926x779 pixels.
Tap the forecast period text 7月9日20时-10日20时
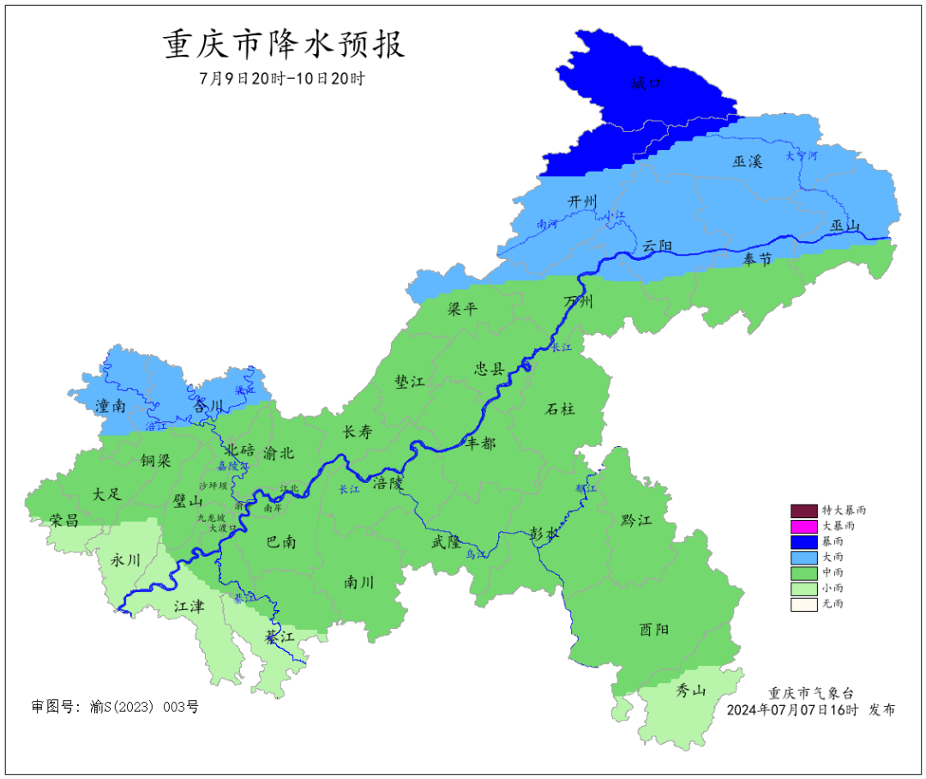[282, 79]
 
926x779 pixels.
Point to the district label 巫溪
[747, 161]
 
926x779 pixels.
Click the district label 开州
[582, 201]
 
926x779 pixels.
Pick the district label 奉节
[757, 259]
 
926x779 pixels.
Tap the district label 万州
[578, 301]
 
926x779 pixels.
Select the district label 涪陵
[387, 483]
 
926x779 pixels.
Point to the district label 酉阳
[654, 629]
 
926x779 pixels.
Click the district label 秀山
[691, 691]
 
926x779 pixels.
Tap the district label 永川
[125, 559]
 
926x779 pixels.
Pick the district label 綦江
[280, 637]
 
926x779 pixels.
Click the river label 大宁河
[802, 156]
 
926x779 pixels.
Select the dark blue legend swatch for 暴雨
[803, 540]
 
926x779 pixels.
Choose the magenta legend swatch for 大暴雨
[803, 525]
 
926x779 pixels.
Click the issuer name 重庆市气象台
[810, 693]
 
